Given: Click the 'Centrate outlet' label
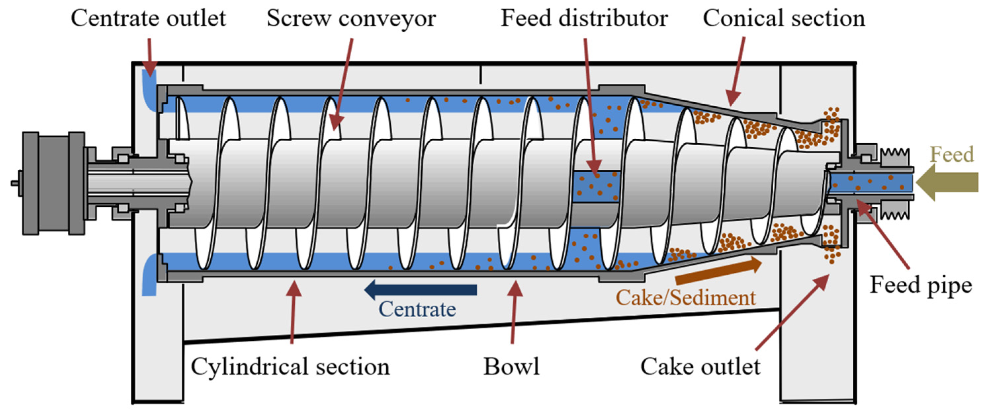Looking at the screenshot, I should [148, 18].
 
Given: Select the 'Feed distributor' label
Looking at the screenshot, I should [584, 18].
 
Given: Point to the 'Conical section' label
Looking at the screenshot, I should [784, 18].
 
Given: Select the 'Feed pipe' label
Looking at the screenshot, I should [921, 285].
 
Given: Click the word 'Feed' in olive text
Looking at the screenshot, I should [952, 155].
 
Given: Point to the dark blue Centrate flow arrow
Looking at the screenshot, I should [421, 290].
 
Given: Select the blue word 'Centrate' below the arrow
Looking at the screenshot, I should [417, 309].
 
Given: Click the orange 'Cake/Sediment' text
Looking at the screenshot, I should [686, 298].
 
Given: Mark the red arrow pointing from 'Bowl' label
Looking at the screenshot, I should [514, 311].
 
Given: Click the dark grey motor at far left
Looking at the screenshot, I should [54, 183].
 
